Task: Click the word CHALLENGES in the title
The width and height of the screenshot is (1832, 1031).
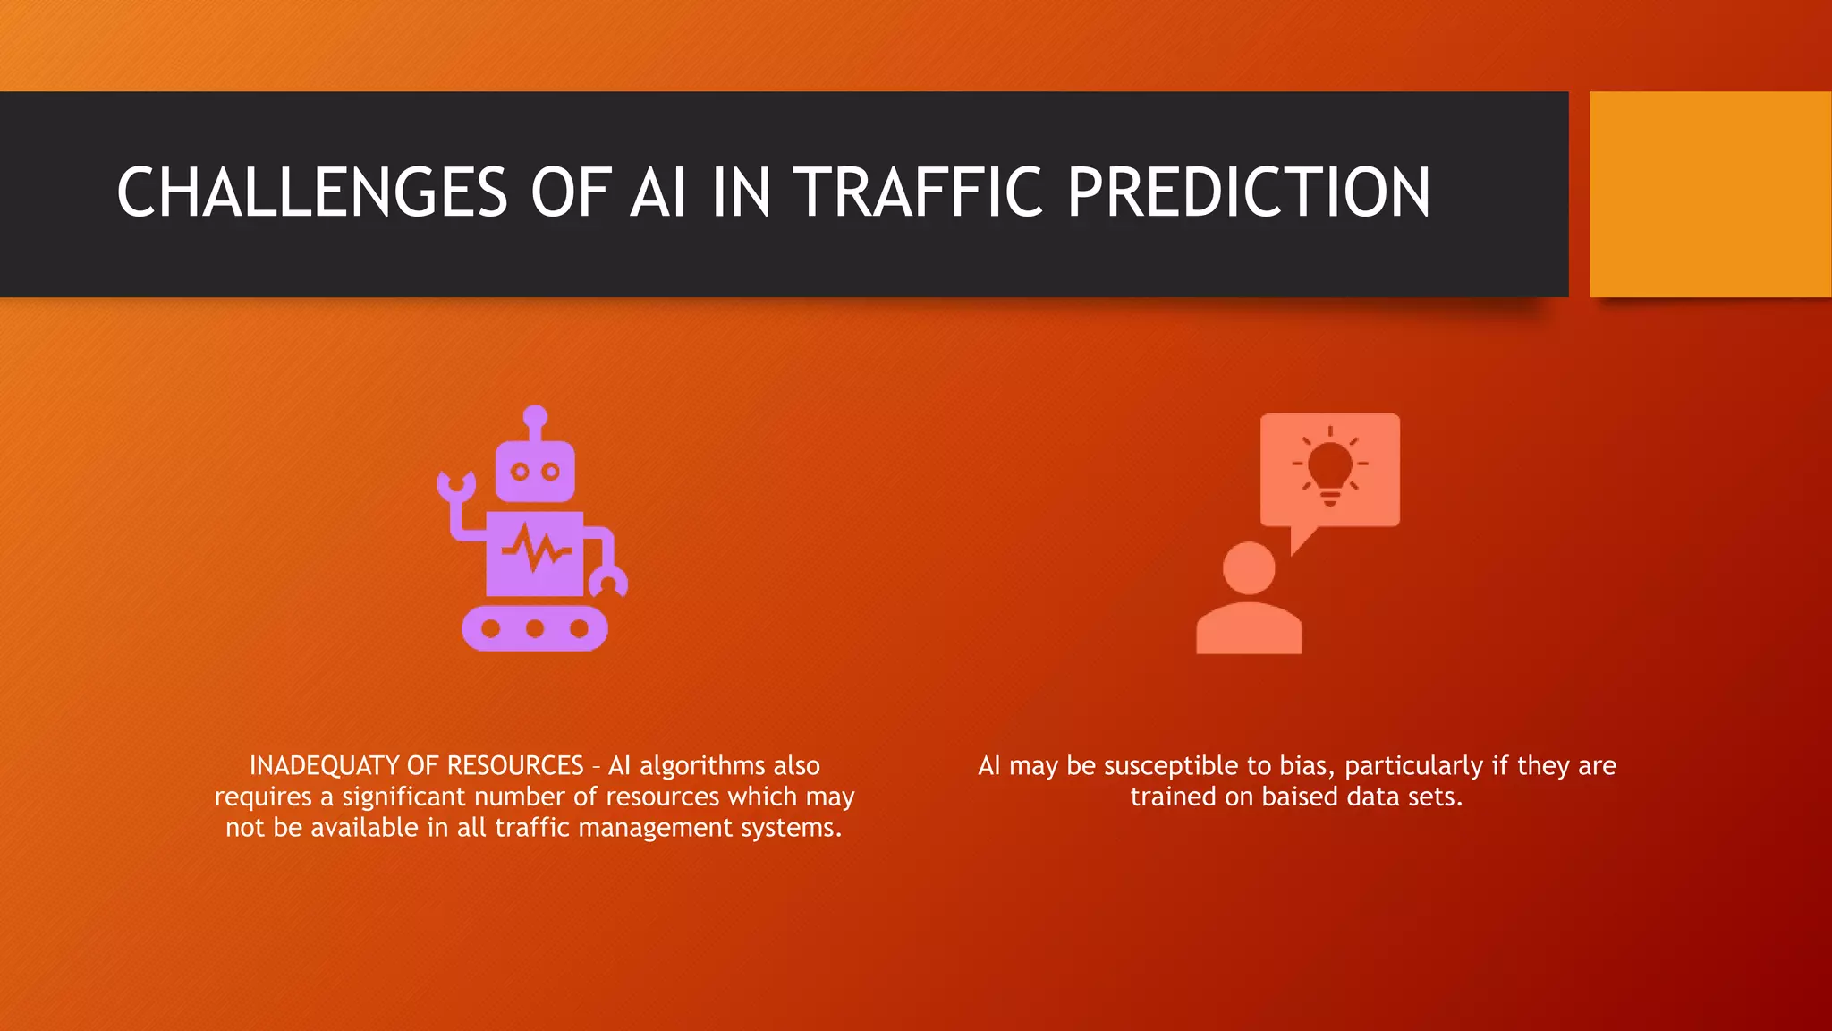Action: click(x=312, y=192)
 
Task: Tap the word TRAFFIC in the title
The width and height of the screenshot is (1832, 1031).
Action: click(x=919, y=192)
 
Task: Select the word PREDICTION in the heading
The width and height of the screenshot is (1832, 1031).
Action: click(x=1249, y=192)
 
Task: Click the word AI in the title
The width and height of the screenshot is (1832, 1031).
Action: click(x=658, y=192)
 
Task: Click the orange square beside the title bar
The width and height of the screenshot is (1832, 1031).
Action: click(x=1709, y=193)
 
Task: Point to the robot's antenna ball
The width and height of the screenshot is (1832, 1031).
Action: click(x=535, y=416)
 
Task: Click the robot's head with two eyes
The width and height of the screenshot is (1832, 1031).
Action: click(x=535, y=472)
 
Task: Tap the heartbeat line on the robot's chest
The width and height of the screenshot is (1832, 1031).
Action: click(x=536, y=548)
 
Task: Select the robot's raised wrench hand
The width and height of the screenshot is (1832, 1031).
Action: click(x=456, y=486)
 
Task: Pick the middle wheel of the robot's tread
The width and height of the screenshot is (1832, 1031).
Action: click(x=535, y=628)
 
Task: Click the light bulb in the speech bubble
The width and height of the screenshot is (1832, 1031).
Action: click(x=1330, y=465)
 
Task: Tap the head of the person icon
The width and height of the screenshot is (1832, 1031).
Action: click(x=1249, y=567)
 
